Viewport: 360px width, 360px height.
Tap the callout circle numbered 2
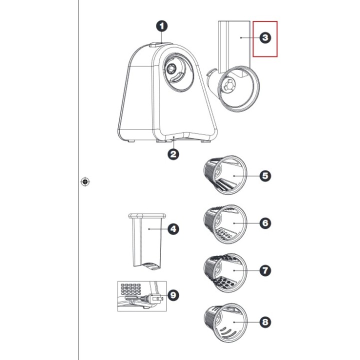[x=173, y=154]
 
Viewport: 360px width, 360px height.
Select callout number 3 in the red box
[x=265, y=38]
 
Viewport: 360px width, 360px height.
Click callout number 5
[x=265, y=175]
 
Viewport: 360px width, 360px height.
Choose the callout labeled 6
[x=265, y=223]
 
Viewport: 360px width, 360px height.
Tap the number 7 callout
[x=265, y=270]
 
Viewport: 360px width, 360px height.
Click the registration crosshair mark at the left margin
[x=85, y=181]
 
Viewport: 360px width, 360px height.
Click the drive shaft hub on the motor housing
[x=173, y=68]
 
